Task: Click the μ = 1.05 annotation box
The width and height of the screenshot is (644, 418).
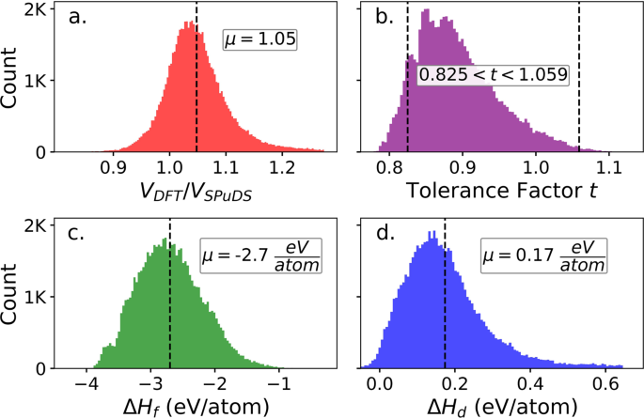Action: (x=259, y=39)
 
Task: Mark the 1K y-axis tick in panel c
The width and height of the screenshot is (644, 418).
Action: (x=37, y=296)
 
